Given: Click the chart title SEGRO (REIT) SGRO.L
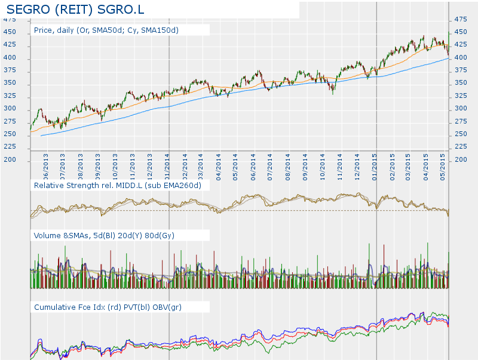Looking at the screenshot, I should (75, 10).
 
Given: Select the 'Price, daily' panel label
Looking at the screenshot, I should (106, 30).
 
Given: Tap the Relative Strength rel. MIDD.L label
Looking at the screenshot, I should (118, 186).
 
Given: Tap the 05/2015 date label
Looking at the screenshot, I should (443, 167).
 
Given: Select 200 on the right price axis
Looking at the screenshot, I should (461, 160).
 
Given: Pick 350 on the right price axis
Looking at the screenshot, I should (461, 84).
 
